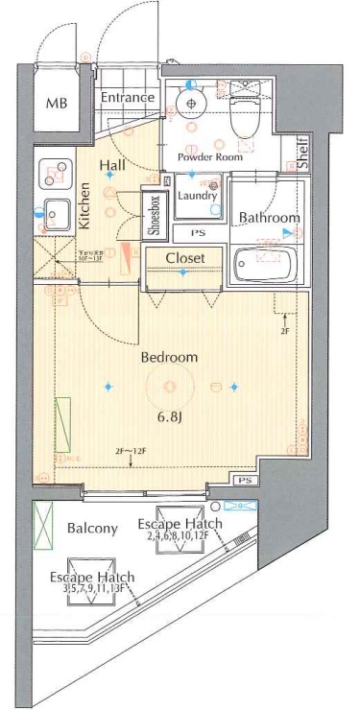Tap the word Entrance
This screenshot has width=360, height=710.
[x=128, y=98]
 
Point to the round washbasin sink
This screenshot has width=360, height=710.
[x=191, y=103]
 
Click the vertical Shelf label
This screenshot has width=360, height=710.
[x=302, y=154]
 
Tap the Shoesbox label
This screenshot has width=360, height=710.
[x=154, y=214]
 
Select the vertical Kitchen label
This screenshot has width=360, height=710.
[x=84, y=208]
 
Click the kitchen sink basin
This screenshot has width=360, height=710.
[x=53, y=211]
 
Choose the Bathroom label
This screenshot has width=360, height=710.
[x=269, y=218]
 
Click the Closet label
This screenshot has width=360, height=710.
[x=184, y=258]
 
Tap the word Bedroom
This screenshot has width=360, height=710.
[x=169, y=357]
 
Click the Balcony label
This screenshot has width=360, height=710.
[x=92, y=529]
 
